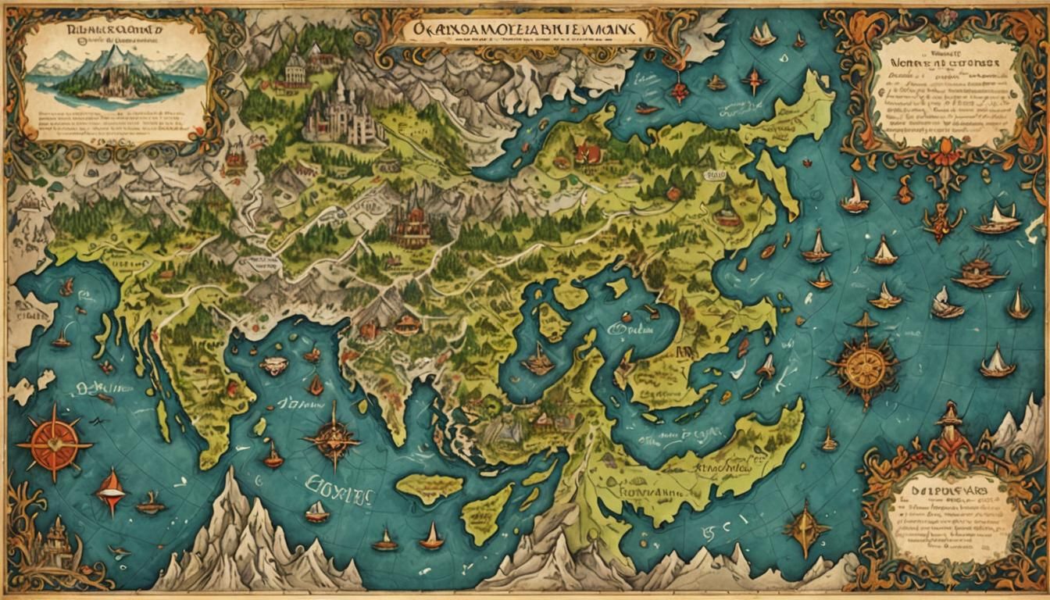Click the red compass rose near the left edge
pyautogui.click(x=54, y=444)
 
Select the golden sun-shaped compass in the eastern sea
pyautogui.click(x=864, y=368)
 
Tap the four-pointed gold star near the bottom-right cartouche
pyautogui.click(x=806, y=529)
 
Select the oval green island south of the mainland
pyautogui.click(x=429, y=488)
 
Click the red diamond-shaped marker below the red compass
pyautogui.click(x=110, y=491)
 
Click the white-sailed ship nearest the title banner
pyautogui.click(x=762, y=34)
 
